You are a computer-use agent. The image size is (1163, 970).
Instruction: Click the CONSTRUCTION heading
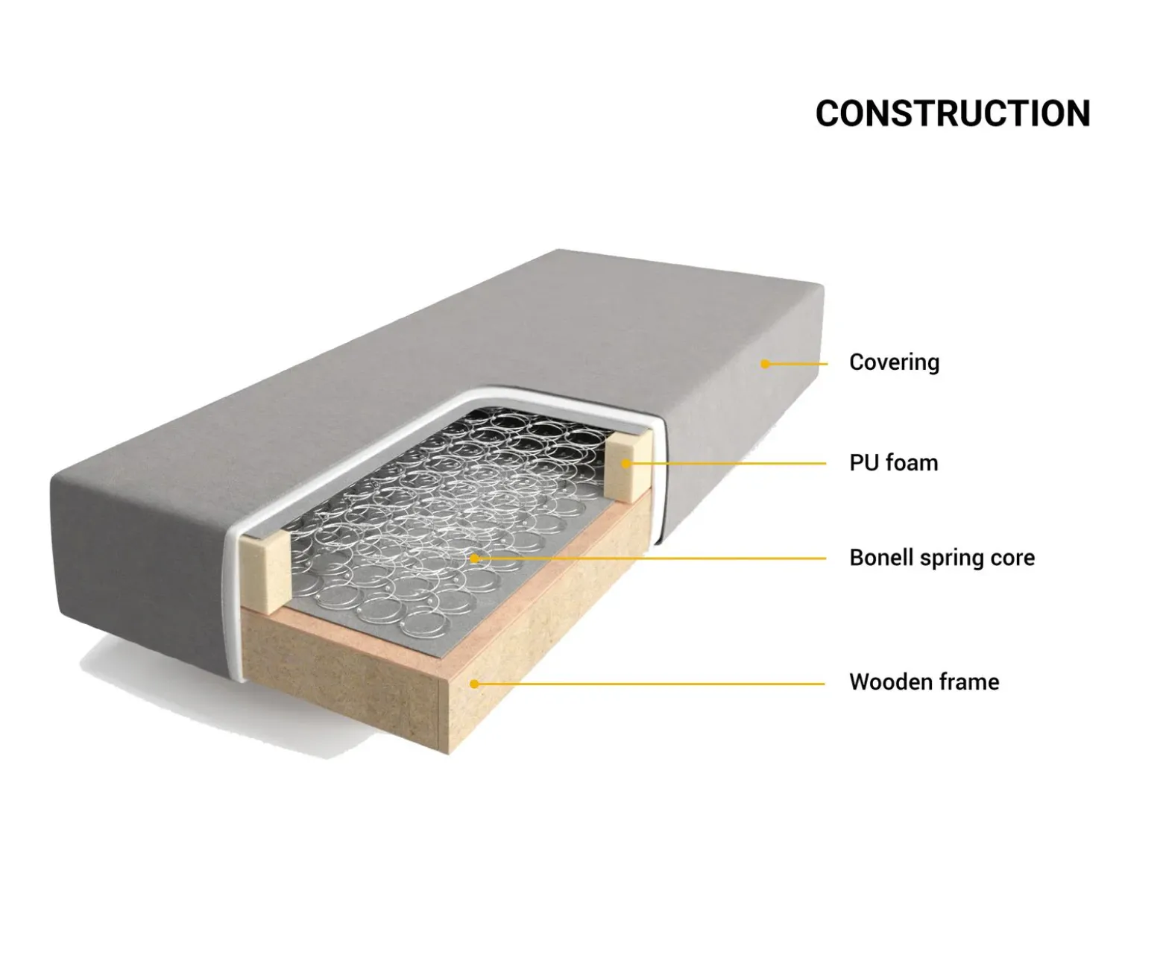click(x=953, y=113)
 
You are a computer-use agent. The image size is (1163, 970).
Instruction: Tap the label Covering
click(x=894, y=362)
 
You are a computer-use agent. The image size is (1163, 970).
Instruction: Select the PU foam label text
click(x=893, y=463)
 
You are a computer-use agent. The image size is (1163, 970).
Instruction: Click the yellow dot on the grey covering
click(x=766, y=364)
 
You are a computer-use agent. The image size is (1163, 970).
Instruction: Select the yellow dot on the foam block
click(x=626, y=464)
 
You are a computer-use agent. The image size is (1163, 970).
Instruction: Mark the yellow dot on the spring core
click(x=473, y=558)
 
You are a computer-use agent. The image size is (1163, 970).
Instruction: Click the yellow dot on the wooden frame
click(x=473, y=684)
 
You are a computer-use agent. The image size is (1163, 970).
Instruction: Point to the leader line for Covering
click(x=796, y=364)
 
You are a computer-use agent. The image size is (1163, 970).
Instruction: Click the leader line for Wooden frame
click(x=649, y=684)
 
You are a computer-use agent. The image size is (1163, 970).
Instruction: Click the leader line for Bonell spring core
click(x=649, y=558)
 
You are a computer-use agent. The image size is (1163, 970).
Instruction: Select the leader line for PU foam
click(x=726, y=464)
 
